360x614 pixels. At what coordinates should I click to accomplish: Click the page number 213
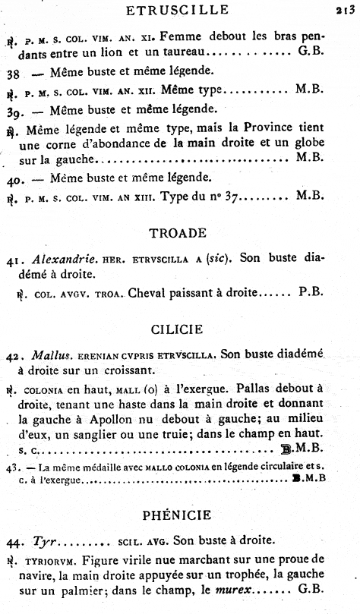pyautogui.click(x=346, y=11)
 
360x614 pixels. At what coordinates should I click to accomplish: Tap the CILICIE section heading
pyautogui.click(x=181, y=329)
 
